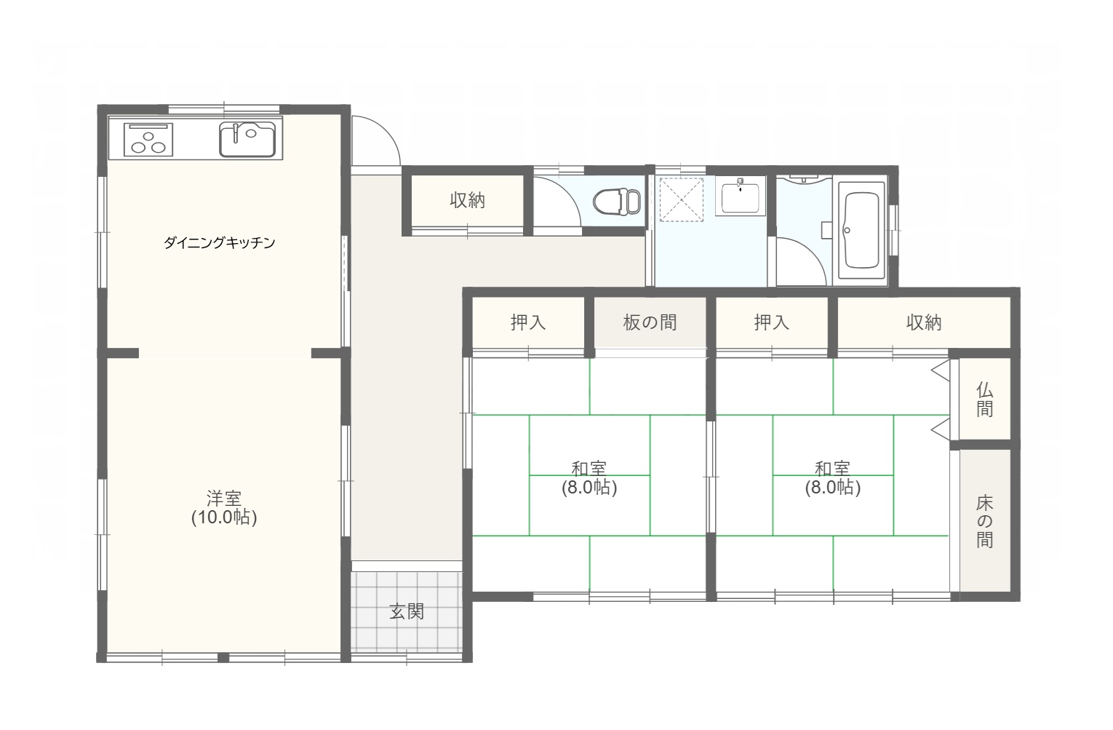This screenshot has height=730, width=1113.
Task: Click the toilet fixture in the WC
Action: click(617, 202)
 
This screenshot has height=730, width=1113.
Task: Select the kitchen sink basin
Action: click(247, 139)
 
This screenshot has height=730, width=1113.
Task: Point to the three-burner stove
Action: click(148, 140)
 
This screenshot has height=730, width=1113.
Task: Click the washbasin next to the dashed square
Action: click(741, 197)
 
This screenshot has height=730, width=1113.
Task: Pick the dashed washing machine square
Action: click(682, 199)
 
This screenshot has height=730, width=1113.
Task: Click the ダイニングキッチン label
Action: click(219, 242)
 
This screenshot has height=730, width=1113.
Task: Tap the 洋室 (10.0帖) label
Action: click(224, 508)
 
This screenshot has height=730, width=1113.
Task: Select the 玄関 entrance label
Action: click(407, 611)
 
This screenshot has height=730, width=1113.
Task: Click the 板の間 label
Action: click(650, 322)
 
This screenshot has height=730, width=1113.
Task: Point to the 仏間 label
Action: click(984, 399)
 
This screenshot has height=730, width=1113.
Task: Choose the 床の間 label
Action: click(984, 522)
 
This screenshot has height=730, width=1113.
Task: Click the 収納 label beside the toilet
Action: click(467, 200)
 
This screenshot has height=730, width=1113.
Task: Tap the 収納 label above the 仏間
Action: click(924, 322)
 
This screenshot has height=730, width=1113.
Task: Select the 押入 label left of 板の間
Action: click(528, 322)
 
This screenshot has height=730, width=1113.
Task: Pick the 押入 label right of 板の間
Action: click(772, 322)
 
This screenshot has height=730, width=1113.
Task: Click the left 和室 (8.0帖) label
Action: click(589, 478)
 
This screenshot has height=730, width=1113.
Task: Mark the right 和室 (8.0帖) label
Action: click(833, 478)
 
